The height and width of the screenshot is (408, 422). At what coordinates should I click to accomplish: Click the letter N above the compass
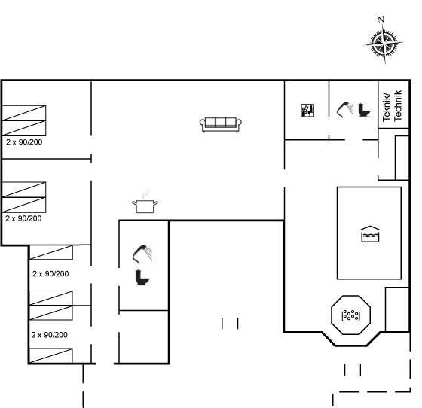pyautogui.click(x=381, y=20)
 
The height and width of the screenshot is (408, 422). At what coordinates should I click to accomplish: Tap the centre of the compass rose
pyautogui.click(x=384, y=43)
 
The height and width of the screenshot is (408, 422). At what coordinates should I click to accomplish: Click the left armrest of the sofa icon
pyautogui.click(x=202, y=125)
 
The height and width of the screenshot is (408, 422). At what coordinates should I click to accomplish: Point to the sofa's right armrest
pyautogui.click(x=239, y=125)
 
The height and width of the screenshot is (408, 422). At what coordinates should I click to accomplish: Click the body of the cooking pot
pyautogui.click(x=145, y=206)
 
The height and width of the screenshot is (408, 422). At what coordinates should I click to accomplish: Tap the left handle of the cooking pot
pyautogui.click(x=134, y=203)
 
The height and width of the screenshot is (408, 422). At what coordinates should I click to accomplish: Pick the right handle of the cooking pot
pyautogui.click(x=156, y=203)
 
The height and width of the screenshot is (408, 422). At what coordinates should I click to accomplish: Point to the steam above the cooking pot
pyautogui.click(x=145, y=193)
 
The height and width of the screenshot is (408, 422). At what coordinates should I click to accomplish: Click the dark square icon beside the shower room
pyautogui.click(x=307, y=111)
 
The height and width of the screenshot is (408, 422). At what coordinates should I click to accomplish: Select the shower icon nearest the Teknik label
pyautogui.click(x=345, y=110)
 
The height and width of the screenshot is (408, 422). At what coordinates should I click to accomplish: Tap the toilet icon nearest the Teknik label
pyautogui.click(x=364, y=110)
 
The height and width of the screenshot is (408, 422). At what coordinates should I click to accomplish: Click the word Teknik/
pyautogui.click(x=386, y=107)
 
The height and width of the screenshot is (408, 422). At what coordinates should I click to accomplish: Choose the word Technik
pyautogui.click(x=398, y=105)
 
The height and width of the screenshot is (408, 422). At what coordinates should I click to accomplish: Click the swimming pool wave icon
pyautogui.click(x=370, y=234)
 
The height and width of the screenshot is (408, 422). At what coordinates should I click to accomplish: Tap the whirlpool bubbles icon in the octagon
pyautogui.click(x=350, y=315)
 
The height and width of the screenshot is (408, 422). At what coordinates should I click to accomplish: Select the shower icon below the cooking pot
pyautogui.click(x=142, y=254)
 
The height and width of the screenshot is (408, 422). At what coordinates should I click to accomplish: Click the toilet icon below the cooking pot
pyautogui.click(x=142, y=277)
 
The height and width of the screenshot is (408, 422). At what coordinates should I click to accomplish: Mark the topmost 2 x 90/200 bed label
pyautogui.click(x=24, y=142)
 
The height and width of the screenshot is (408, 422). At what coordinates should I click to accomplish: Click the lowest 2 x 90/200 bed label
pyautogui.click(x=49, y=335)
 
